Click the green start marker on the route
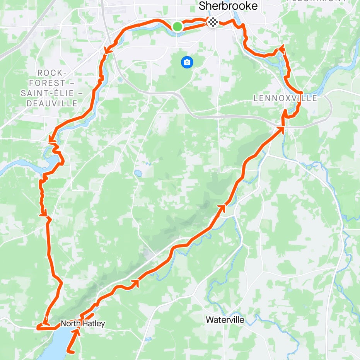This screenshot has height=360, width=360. (177, 27)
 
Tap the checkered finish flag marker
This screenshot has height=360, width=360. (212, 22)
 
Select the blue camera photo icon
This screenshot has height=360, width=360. (187, 62)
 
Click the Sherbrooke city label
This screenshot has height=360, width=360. (227, 7)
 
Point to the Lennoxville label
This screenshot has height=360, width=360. (285, 98)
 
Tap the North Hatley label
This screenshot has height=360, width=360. (82, 324)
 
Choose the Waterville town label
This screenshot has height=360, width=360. (225, 320)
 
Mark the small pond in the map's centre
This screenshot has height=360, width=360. (136, 172)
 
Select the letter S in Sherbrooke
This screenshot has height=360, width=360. (202, 7)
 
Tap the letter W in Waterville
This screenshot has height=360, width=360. (209, 320)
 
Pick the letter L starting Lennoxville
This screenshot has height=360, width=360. (256, 98)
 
